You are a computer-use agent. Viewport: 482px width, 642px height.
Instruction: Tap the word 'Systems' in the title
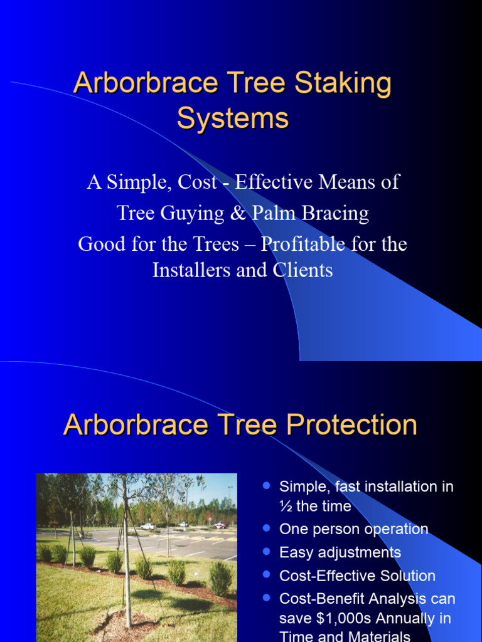click(x=233, y=117)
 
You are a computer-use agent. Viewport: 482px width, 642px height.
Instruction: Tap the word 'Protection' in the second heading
click(x=351, y=425)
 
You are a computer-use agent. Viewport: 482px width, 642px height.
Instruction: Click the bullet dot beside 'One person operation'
click(x=266, y=529)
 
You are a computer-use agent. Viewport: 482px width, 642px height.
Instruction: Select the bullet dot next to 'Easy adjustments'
click(x=266, y=552)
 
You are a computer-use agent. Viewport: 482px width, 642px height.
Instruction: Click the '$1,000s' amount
click(x=341, y=618)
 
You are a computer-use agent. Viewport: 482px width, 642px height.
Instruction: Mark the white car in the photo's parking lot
click(x=147, y=527)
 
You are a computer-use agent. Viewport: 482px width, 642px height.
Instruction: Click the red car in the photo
click(x=220, y=525)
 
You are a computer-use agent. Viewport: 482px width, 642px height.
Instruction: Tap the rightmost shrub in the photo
click(x=220, y=578)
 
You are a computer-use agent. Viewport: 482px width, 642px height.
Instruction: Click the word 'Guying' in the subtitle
click(x=187, y=213)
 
